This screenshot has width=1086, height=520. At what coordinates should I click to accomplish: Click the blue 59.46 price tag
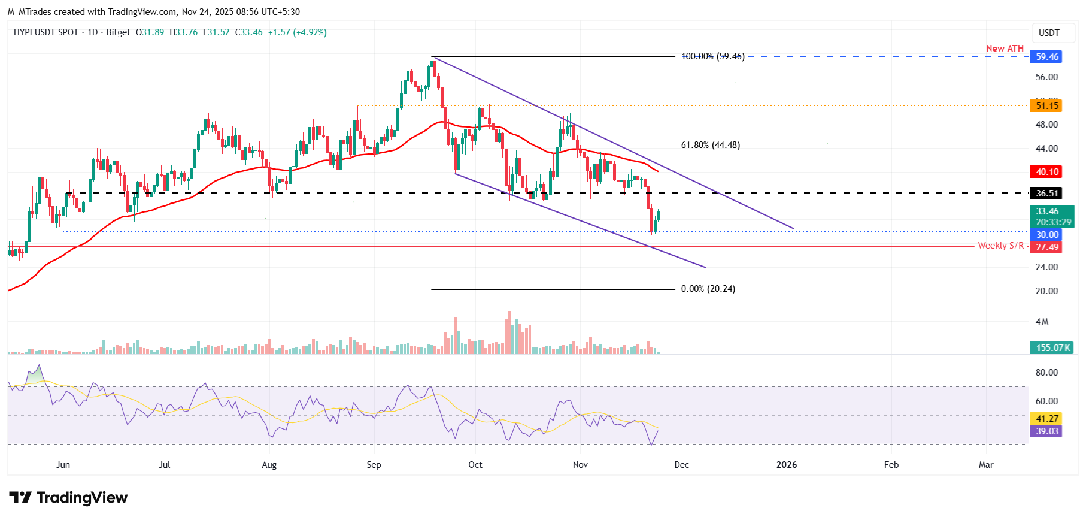pyautogui.click(x=1046, y=57)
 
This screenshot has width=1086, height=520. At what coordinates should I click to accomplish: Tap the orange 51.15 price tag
pyautogui.click(x=1046, y=106)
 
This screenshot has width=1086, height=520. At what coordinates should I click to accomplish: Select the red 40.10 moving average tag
pyautogui.click(x=1046, y=172)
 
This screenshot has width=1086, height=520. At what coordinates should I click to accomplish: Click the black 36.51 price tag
pyautogui.click(x=1046, y=194)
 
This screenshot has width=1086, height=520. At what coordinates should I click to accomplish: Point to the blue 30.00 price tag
pyautogui.click(x=1046, y=235)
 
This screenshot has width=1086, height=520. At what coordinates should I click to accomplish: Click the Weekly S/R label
pyautogui.click(x=1000, y=246)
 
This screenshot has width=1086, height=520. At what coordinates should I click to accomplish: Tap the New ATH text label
pyautogui.click(x=1005, y=49)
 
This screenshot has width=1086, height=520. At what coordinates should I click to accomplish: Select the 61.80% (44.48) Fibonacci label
pyautogui.click(x=710, y=145)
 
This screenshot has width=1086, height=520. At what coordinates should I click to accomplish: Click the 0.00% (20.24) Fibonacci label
pyautogui.click(x=708, y=289)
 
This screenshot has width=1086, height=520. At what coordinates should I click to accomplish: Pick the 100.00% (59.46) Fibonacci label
pyautogui.click(x=712, y=56)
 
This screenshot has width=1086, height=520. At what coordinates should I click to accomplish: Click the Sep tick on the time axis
pyautogui.click(x=374, y=465)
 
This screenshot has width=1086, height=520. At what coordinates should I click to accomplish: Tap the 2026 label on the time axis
pyautogui.click(x=786, y=465)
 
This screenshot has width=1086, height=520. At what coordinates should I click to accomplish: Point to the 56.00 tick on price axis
pyautogui.click(x=1046, y=77)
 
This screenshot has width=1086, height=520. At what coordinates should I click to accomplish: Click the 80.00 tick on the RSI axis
pyautogui.click(x=1046, y=373)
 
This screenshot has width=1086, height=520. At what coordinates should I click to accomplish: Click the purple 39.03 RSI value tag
pyautogui.click(x=1046, y=431)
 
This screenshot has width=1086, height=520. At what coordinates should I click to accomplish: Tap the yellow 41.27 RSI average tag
pyautogui.click(x=1046, y=419)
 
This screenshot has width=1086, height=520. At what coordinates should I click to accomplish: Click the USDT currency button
pyautogui.click(x=1048, y=33)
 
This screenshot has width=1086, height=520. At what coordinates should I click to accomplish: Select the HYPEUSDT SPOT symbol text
pyautogui.click(x=46, y=32)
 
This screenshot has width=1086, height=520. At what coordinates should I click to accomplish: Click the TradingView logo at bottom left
pyautogui.click(x=68, y=498)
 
